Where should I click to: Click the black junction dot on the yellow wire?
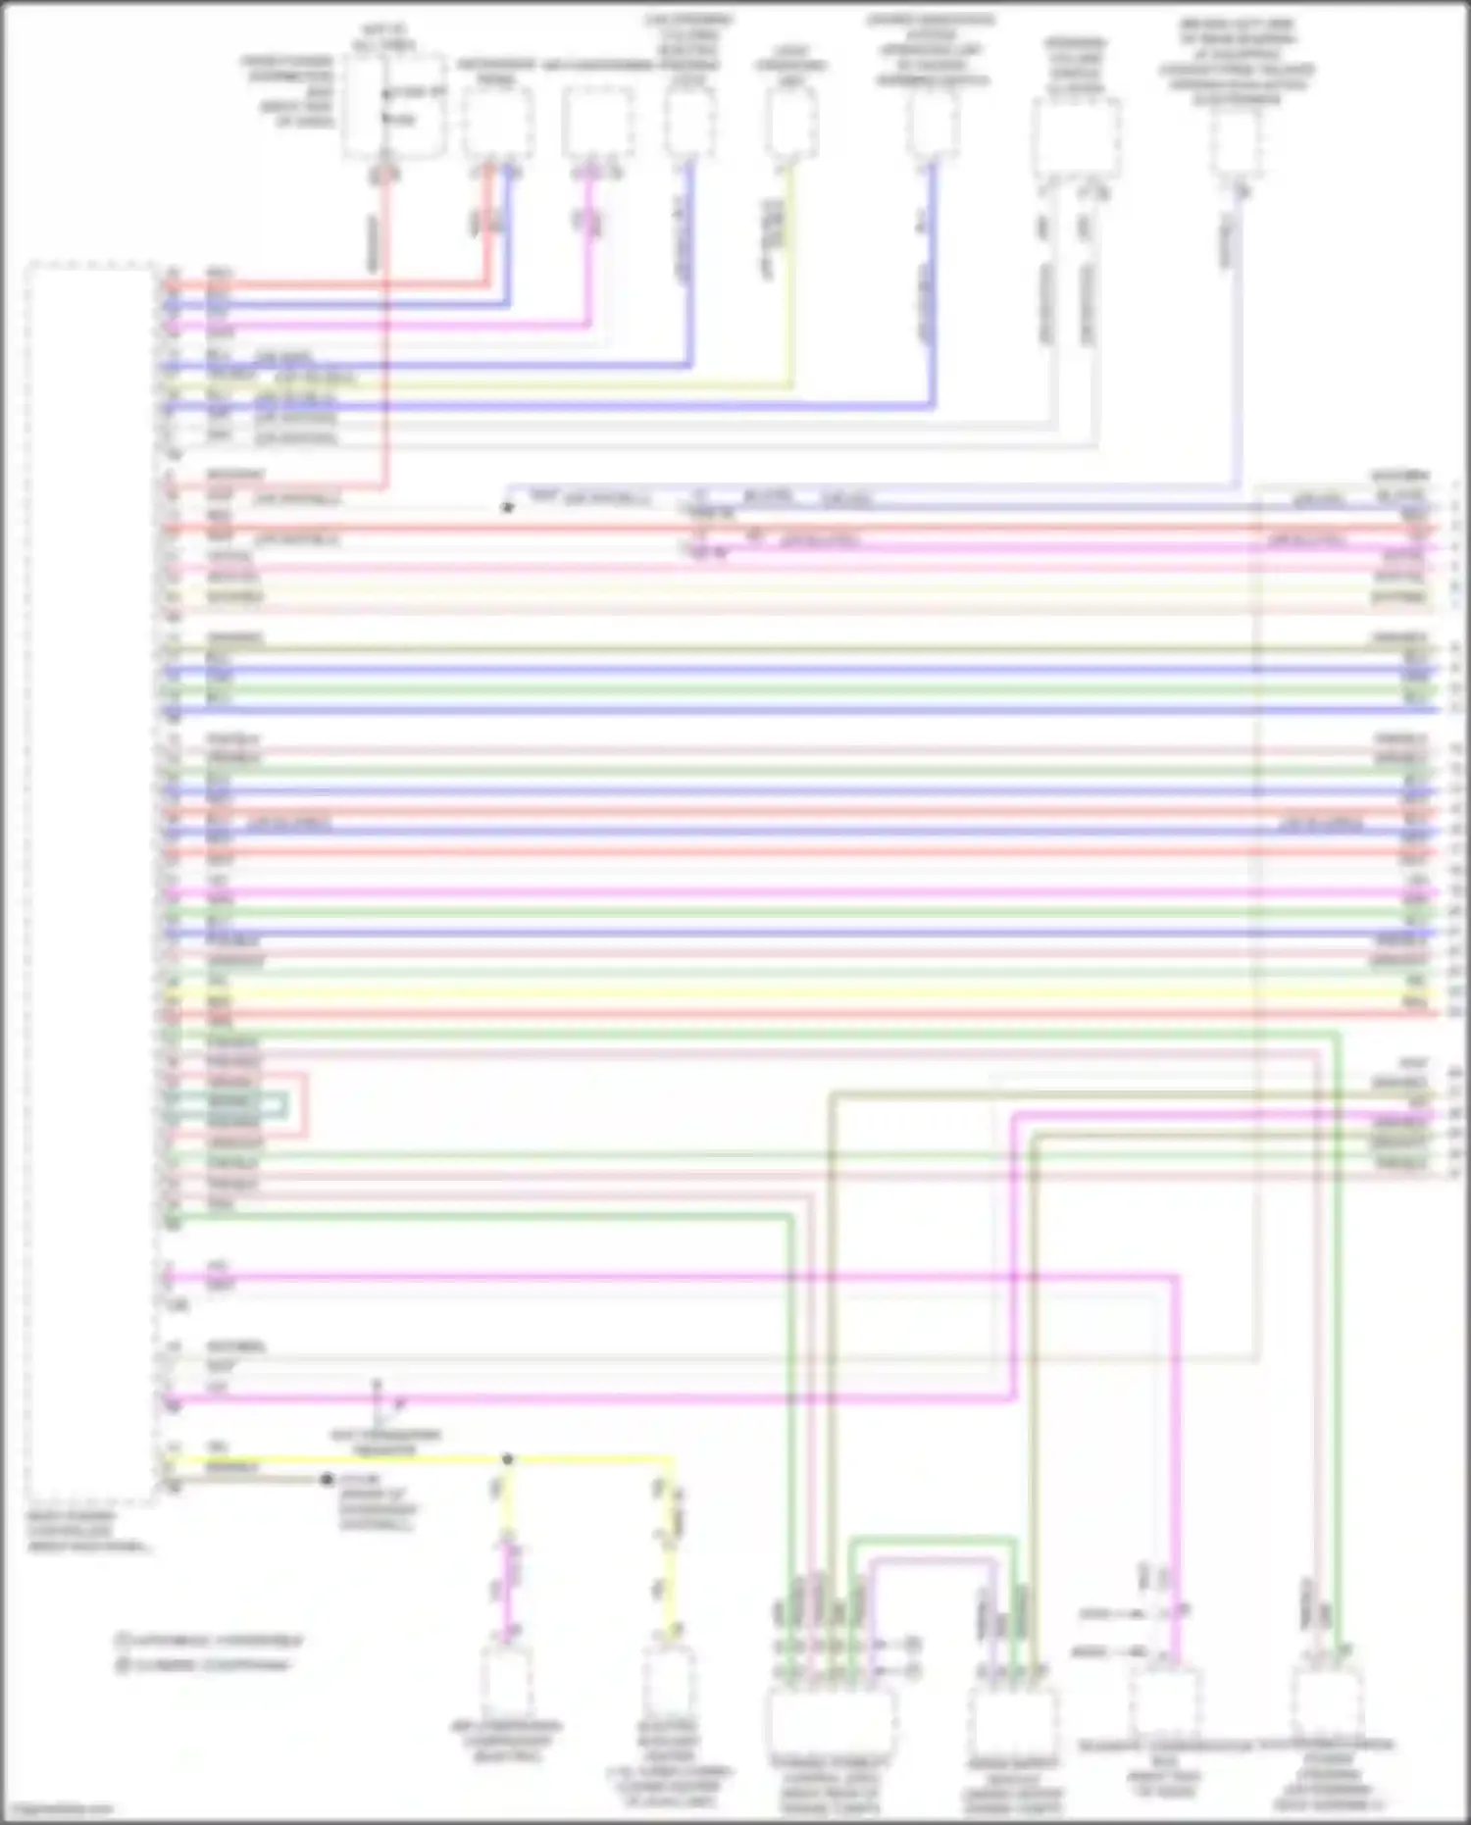click(507, 1459)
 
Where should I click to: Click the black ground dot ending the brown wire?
click(328, 1479)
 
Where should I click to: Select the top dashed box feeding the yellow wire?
click(792, 125)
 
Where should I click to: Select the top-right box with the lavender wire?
click(1236, 142)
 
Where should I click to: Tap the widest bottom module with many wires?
click(832, 1721)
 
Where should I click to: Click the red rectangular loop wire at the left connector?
click(306, 1106)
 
